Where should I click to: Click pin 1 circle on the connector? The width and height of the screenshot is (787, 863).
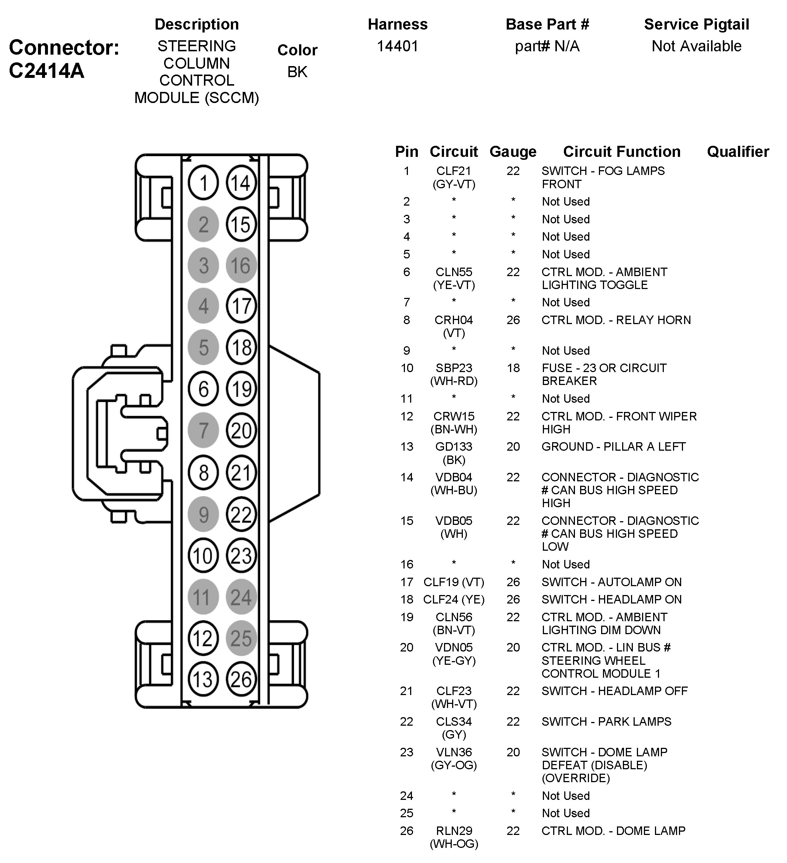tap(203, 183)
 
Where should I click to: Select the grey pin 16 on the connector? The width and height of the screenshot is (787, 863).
tap(241, 265)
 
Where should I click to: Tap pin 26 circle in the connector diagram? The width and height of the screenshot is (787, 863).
tap(241, 679)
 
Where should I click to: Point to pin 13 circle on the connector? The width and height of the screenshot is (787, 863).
tap(203, 679)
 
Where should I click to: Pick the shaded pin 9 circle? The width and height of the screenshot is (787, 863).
tap(203, 515)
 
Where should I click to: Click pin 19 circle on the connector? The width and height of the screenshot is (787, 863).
tap(241, 389)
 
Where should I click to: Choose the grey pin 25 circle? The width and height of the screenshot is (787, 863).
tap(241, 638)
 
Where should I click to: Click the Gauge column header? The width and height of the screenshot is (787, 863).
tap(513, 152)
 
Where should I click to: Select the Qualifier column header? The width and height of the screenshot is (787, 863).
tap(738, 152)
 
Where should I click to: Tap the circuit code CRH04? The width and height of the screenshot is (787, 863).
tap(454, 320)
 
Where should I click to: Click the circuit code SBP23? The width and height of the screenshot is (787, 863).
tap(454, 368)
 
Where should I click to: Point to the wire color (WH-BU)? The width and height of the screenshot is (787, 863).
tap(454, 490)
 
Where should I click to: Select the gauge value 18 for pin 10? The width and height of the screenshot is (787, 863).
tap(513, 368)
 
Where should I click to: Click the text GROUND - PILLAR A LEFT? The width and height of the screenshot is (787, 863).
tap(613, 447)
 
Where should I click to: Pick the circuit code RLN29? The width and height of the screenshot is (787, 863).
tap(454, 831)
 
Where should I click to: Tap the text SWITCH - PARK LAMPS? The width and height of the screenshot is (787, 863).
tap(606, 721)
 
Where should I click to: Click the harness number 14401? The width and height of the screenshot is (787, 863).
tap(397, 46)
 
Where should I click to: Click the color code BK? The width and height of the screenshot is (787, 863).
tap(297, 72)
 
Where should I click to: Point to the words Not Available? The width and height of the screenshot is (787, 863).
tap(696, 46)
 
